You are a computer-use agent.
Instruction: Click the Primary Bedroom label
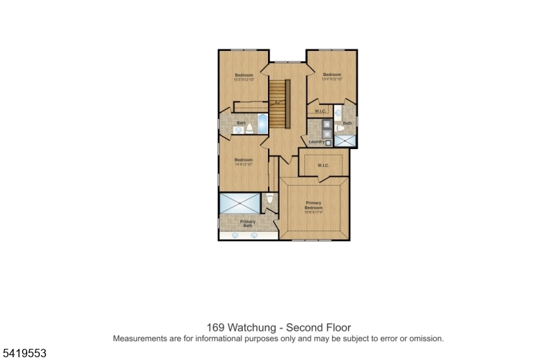[313, 205]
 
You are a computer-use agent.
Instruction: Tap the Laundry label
[317, 142]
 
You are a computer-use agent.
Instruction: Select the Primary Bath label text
[247, 224]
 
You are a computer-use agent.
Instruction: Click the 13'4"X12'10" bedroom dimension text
[332, 79]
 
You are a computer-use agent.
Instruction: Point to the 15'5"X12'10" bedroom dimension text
[243, 79]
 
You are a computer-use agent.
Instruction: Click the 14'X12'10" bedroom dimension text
[243, 164]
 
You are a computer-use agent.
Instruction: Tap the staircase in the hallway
[278, 104]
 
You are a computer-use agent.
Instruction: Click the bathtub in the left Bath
[262, 125]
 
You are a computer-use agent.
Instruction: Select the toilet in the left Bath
[249, 129]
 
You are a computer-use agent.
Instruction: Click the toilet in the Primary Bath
[270, 200]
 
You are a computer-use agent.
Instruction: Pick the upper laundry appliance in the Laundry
[327, 125]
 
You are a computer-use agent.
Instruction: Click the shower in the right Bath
[344, 139]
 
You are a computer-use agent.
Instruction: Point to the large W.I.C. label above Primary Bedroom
[323, 165]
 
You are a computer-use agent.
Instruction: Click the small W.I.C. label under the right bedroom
[320, 111]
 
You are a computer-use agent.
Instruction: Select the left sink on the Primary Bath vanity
[235, 235]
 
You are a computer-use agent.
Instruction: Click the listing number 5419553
[24, 353]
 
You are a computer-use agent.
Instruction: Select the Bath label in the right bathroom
[347, 123]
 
